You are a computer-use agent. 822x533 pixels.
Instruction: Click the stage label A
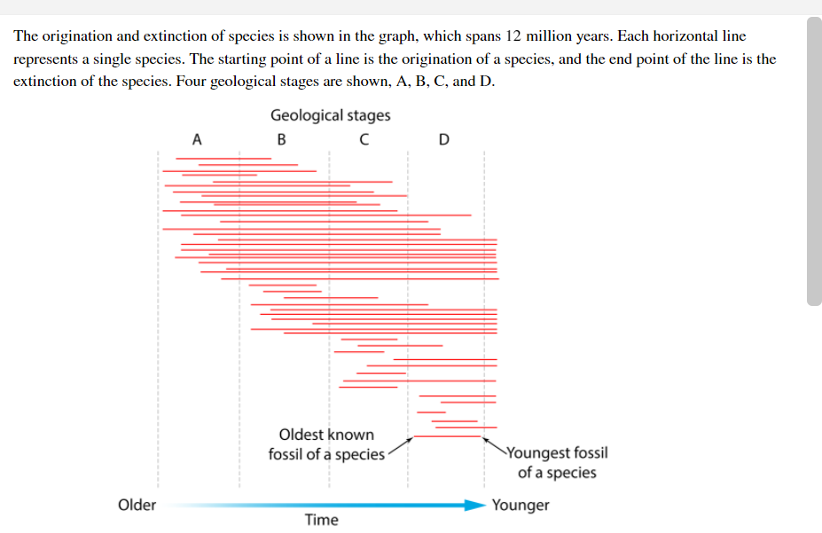click(x=197, y=139)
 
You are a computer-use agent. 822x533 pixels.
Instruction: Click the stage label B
click(x=282, y=139)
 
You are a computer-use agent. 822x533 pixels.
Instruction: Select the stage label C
click(x=364, y=139)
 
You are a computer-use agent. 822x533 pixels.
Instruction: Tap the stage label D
click(x=444, y=139)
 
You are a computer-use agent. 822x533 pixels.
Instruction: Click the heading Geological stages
click(x=330, y=115)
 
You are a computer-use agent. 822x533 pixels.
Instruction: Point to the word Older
click(x=137, y=505)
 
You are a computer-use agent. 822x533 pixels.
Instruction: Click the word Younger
click(x=521, y=505)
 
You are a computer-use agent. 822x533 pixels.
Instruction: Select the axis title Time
click(x=321, y=520)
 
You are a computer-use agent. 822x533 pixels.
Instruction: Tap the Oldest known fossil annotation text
click(x=326, y=445)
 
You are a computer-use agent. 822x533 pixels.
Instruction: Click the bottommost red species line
click(x=448, y=435)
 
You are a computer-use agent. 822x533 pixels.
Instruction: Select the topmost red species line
click(x=223, y=159)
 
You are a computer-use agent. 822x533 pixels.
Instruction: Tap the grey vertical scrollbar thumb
click(x=814, y=160)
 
